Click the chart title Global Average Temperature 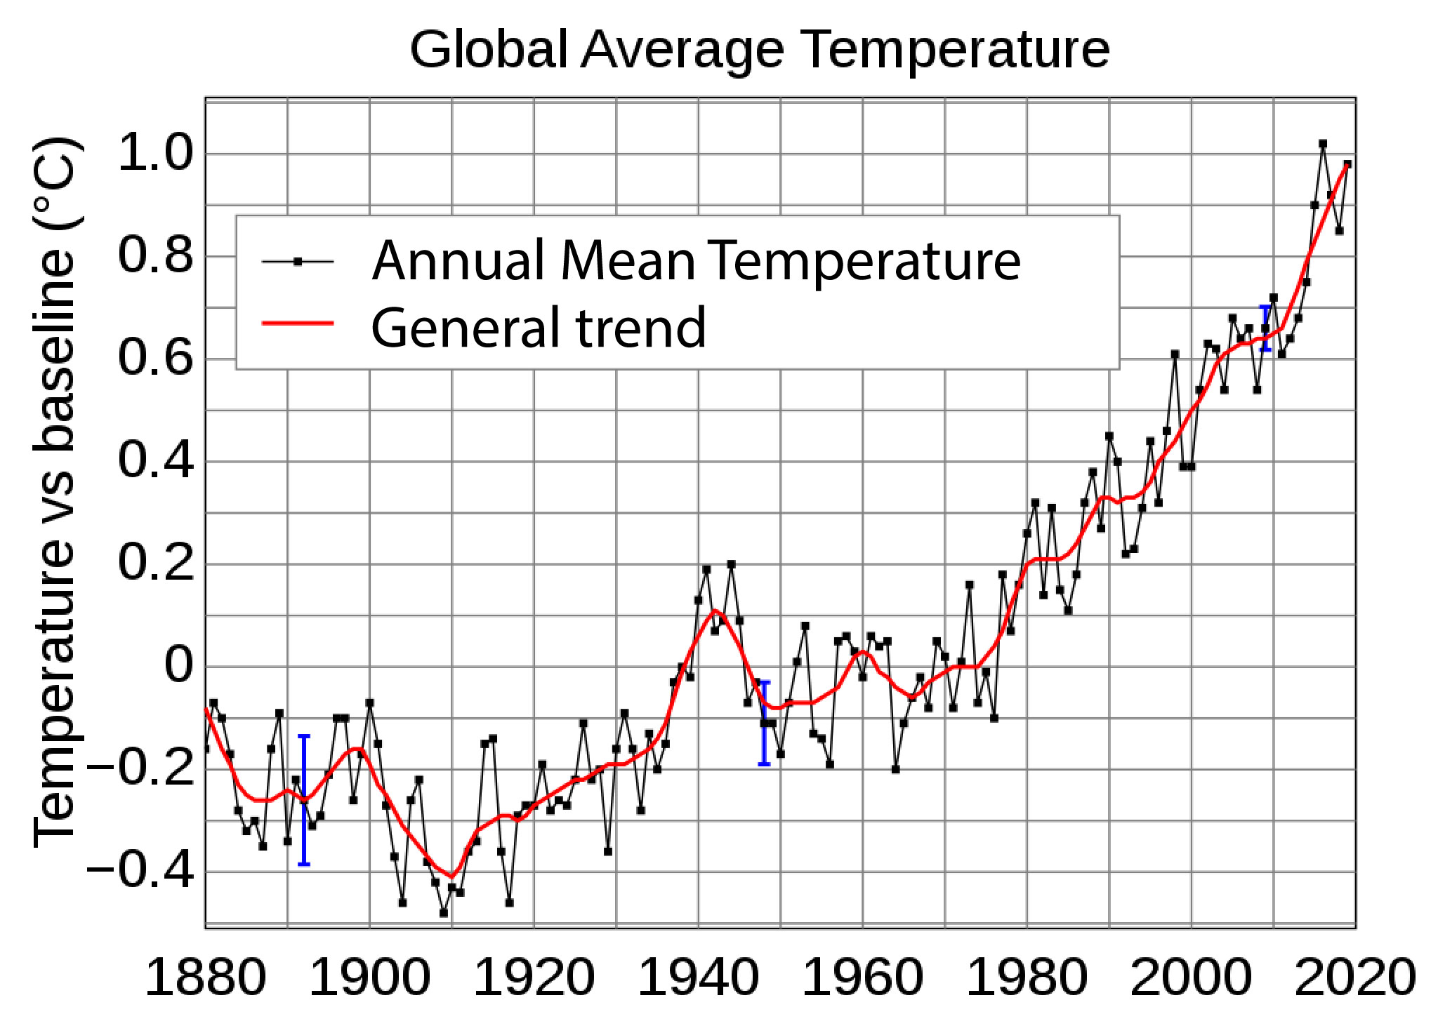coord(759,50)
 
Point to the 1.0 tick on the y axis coord(155,154)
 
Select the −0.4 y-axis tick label coord(140,872)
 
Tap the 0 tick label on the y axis coord(178,666)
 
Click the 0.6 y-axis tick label coord(155,359)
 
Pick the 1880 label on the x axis coord(205,978)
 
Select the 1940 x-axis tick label coord(698,978)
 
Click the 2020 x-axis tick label coord(1354,978)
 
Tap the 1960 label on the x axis coord(862,978)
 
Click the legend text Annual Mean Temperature coord(695,261)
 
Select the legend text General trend coord(538,327)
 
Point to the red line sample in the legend coord(298,324)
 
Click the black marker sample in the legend coord(298,262)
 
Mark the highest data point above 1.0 coord(1323,144)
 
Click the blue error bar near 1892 coord(304,800)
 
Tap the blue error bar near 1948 coord(764,723)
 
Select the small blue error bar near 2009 coord(1265,328)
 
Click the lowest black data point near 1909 coord(444,912)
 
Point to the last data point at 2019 coord(1347,164)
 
